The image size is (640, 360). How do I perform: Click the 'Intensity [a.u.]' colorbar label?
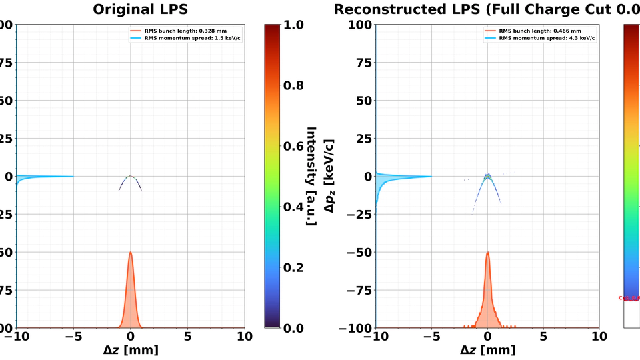tap(311, 176)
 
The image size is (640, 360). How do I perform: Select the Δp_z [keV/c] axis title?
tap(328, 176)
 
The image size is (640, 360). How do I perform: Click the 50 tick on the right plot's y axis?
tap(361, 101)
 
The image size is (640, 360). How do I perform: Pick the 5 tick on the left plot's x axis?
tap(187, 335)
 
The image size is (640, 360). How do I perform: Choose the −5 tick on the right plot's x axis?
tap(431, 335)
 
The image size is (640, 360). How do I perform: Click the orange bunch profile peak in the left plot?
tap(131, 254)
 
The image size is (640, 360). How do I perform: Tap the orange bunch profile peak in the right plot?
tap(488, 254)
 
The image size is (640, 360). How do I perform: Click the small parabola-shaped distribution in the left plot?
tap(131, 181)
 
